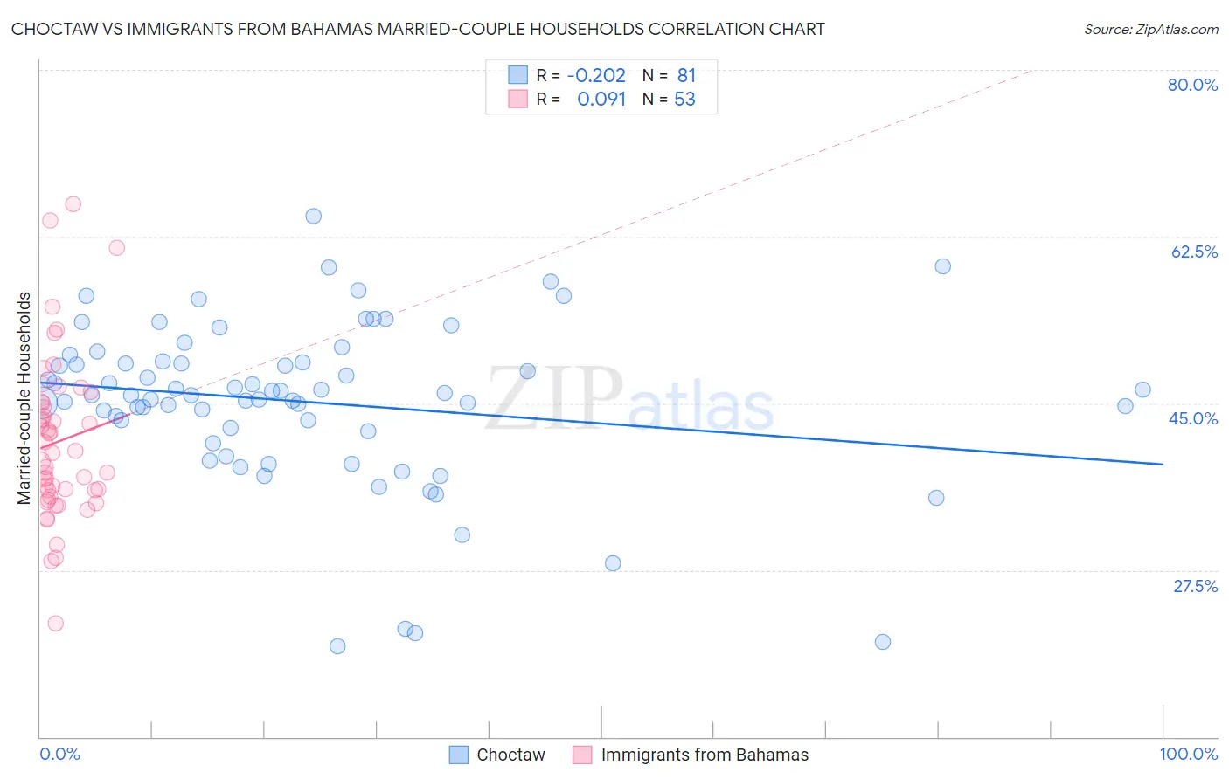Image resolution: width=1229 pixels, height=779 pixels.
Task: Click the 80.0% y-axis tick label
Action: pyautogui.click(x=1192, y=85)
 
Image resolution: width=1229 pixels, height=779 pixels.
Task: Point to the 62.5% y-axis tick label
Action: pyautogui.click(x=1194, y=252)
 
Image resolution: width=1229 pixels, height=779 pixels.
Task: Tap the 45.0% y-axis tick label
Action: pyautogui.click(x=1193, y=418)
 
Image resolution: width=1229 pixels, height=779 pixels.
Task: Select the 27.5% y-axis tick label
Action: pyautogui.click(x=1195, y=586)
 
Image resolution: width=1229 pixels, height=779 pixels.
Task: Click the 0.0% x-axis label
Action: pyautogui.click(x=59, y=754)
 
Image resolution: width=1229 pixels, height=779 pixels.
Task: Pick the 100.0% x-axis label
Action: pyautogui.click(x=1188, y=754)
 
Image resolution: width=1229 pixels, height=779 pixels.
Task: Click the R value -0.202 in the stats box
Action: pyautogui.click(x=596, y=76)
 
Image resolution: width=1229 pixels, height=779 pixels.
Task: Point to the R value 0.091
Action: pyautogui.click(x=601, y=100)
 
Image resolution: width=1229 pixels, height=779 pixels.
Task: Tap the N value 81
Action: pyautogui.click(x=686, y=76)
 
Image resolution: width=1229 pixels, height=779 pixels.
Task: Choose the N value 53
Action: pyautogui.click(x=684, y=100)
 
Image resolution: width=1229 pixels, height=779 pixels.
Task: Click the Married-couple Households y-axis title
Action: pyautogui.click(x=24, y=398)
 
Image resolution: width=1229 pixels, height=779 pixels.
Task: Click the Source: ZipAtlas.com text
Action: pyautogui.click(x=1150, y=30)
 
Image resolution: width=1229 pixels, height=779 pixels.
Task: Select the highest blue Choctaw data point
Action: pyautogui.click(x=313, y=216)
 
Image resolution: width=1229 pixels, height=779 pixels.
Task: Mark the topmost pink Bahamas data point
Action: pyautogui.click(x=73, y=203)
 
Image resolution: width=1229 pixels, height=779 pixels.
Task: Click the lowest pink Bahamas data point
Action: pyautogui.click(x=55, y=623)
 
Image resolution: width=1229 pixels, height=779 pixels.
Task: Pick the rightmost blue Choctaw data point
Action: pyautogui.click(x=1142, y=389)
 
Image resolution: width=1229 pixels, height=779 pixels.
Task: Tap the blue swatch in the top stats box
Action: pyautogui.click(x=518, y=75)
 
